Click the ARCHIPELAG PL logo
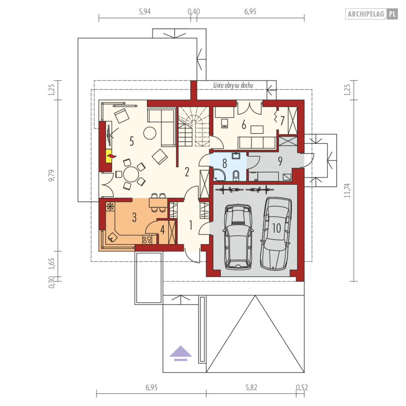[x=371, y=14]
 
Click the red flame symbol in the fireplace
[x=111, y=156]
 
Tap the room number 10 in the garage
[x=276, y=228]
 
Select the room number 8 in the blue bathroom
[x=224, y=163]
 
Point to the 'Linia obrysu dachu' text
[x=233, y=85]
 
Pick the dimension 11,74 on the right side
[x=347, y=190]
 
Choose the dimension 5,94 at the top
[x=145, y=12]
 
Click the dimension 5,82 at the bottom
[x=251, y=387]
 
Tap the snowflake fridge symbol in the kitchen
[x=111, y=206]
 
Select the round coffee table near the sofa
[x=150, y=133]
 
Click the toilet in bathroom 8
[x=236, y=175]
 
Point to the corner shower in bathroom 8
[x=219, y=175]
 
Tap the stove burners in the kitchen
[x=147, y=240]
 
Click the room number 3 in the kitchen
[x=134, y=217]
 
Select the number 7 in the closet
[x=282, y=120]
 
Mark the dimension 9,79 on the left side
[x=51, y=175]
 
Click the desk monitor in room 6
[x=224, y=123]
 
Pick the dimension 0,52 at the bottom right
[x=302, y=387]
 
